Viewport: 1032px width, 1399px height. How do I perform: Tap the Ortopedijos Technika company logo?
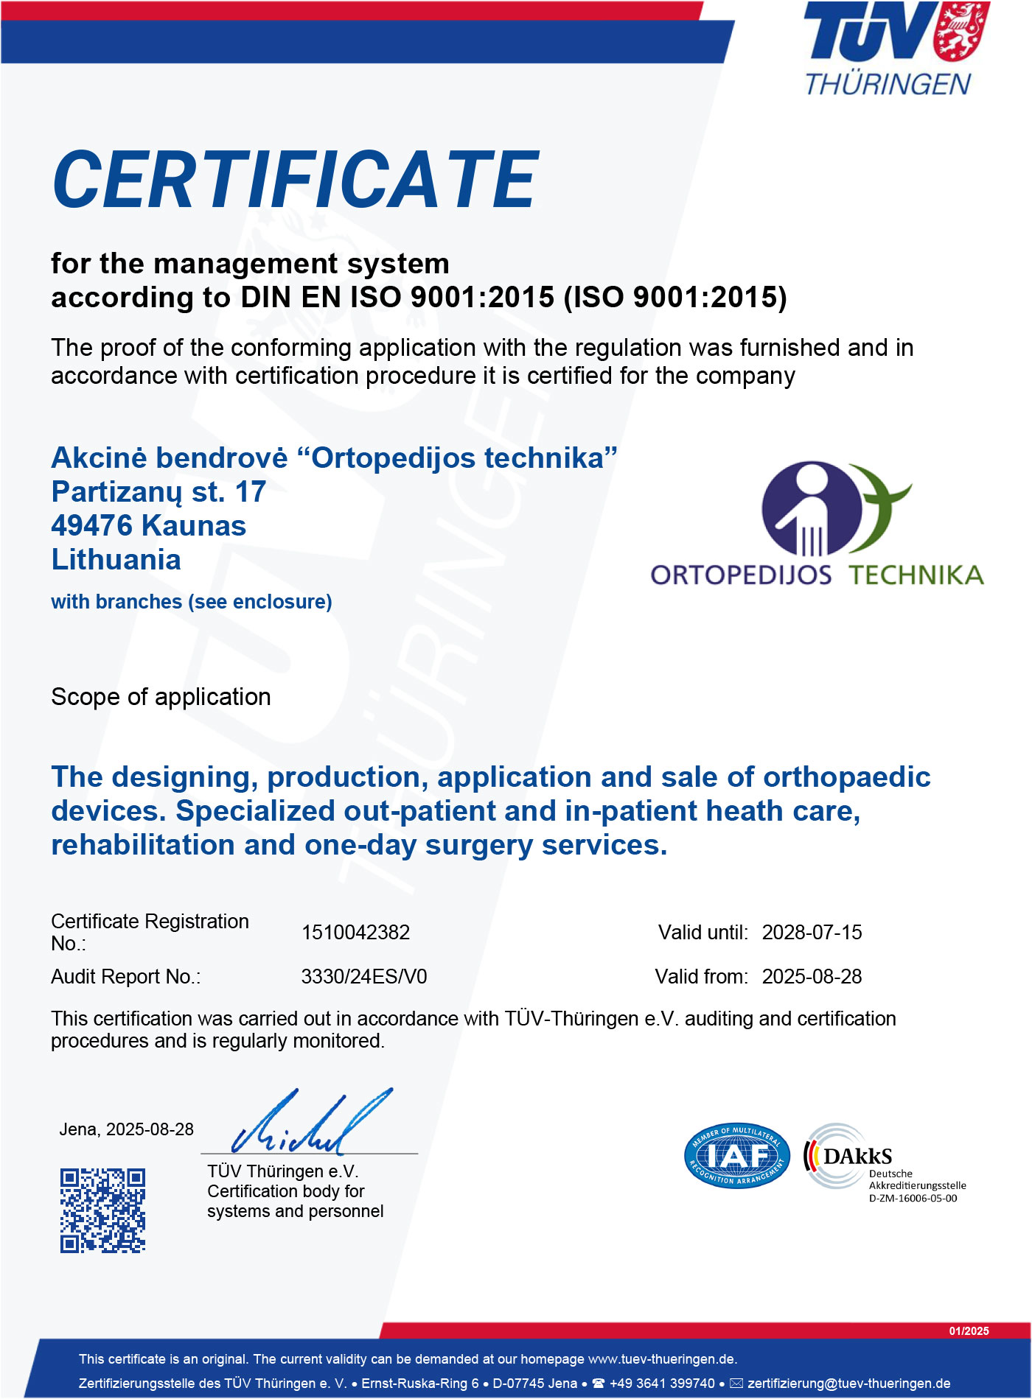pos(817,524)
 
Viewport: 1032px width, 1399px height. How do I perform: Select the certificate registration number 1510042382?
pos(355,933)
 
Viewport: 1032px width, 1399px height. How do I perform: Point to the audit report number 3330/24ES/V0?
pos(364,977)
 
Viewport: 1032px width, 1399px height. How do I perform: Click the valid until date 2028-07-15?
pos(812,933)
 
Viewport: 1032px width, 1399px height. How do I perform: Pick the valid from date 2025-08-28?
pos(812,977)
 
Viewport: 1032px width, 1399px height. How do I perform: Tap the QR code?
pos(102,1210)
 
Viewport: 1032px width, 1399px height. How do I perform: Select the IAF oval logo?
pos(736,1156)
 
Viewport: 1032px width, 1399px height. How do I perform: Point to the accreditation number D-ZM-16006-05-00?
pos(913,1199)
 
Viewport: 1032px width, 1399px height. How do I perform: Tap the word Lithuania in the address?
pos(116,560)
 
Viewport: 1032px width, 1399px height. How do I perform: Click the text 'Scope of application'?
pos(161,697)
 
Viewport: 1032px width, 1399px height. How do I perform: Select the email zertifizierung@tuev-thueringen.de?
pos(848,1384)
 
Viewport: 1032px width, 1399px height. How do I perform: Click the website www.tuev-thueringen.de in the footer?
pos(662,1359)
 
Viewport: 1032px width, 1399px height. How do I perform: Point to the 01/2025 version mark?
pos(969,1331)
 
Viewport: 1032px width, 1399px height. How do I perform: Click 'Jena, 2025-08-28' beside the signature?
pos(126,1129)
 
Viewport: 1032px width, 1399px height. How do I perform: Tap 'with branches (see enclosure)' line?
pos(192,602)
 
